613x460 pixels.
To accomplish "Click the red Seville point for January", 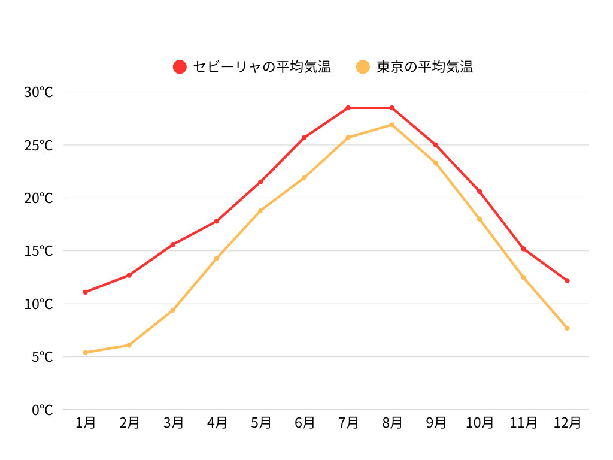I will (x=86, y=292).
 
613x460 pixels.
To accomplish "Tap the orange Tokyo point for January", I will (x=86, y=353).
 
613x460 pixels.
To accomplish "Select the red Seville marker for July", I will (x=348, y=108).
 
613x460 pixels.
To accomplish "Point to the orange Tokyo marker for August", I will (x=392, y=125).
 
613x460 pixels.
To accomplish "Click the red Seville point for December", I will (x=567, y=280).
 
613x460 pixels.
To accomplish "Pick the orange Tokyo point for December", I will (x=567, y=328).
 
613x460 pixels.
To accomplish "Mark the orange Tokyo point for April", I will (x=217, y=258).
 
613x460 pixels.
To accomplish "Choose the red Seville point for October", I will (x=480, y=192).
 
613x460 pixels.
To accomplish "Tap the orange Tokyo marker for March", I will (x=173, y=310).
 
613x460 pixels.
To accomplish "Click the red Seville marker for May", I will (x=260, y=182).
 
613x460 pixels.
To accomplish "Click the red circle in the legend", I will (x=180, y=67).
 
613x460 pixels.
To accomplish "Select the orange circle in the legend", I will (x=363, y=67).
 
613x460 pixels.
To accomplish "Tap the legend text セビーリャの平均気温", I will (x=262, y=67).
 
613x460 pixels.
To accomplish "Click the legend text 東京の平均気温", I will (x=424, y=67).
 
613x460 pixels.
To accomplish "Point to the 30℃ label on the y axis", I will (x=38, y=92).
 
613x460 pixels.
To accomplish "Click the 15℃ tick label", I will (x=38, y=251).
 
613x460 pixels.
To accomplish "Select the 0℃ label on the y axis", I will (x=42, y=410).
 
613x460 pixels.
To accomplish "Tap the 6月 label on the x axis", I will (x=304, y=423).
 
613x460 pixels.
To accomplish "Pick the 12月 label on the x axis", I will (x=567, y=423).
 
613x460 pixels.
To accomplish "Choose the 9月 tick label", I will (x=436, y=423).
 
